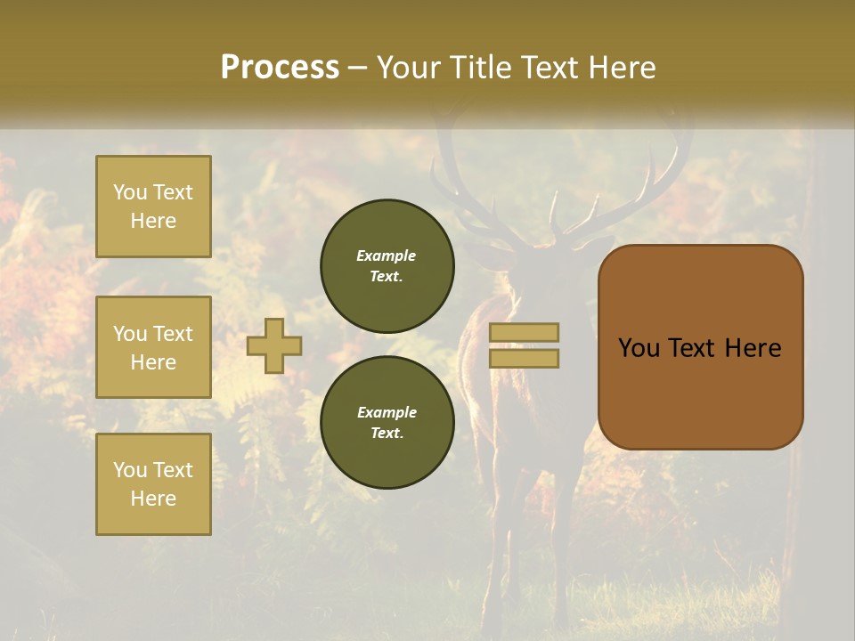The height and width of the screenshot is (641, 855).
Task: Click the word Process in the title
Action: coord(280,68)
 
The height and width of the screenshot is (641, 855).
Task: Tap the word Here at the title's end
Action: coord(619,68)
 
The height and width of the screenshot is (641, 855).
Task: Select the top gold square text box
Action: coord(153,207)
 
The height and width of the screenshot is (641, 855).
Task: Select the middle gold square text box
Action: coord(153,347)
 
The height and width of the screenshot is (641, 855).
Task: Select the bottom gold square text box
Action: coord(153,484)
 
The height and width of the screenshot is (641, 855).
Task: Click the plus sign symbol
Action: coord(274,346)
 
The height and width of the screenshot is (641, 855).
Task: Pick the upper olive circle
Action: coord(387,266)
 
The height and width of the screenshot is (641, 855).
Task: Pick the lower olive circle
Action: coord(387,423)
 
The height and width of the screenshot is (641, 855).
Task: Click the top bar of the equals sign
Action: coord(525,333)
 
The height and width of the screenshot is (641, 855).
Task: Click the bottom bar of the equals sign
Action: coord(525,359)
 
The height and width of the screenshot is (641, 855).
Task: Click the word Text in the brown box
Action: coord(697,348)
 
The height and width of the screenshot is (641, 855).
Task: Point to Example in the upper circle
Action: coord(387,256)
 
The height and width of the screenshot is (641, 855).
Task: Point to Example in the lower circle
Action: coord(387,412)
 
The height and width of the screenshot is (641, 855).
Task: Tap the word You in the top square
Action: coord(130,192)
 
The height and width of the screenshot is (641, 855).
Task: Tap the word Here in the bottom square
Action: coord(153,499)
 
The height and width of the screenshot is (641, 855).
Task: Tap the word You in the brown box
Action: coord(639,348)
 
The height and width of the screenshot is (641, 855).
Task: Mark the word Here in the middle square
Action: coord(153,362)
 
